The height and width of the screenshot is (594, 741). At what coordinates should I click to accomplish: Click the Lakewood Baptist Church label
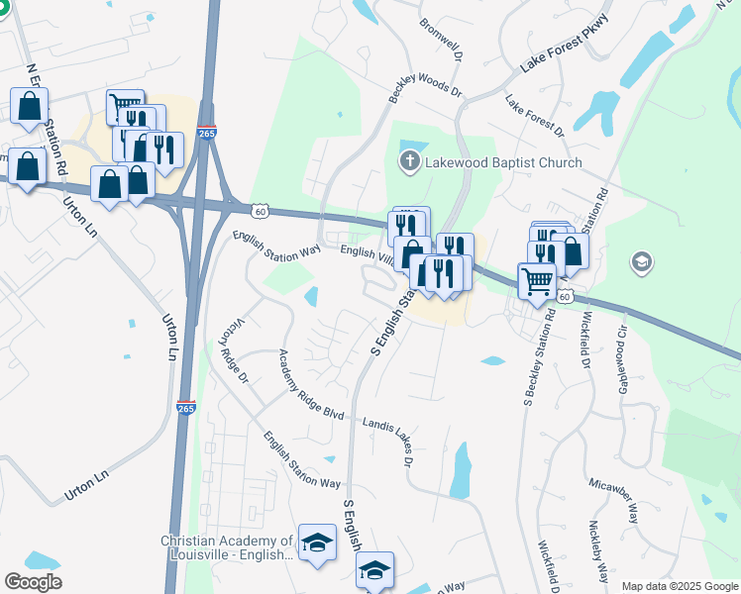(503, 162)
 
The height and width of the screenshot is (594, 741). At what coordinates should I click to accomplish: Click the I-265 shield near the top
(206, 133)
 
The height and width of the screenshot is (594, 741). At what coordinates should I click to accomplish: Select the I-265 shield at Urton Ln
(185, 407)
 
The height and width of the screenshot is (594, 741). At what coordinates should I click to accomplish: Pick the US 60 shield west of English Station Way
(259, 211)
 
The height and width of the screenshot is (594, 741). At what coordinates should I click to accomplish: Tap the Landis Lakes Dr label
(391, 437)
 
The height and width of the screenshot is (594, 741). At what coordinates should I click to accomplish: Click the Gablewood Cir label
(623, 358)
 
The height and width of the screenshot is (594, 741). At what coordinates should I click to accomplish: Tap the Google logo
(33, 582)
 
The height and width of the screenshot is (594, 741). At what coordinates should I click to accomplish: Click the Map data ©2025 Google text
(679, 586)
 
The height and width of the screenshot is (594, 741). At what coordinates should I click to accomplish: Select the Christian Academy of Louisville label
(227, 547)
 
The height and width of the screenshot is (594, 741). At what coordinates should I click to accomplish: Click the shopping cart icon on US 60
(537, 281)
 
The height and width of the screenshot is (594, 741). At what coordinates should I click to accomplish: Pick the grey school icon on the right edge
(641, 263)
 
